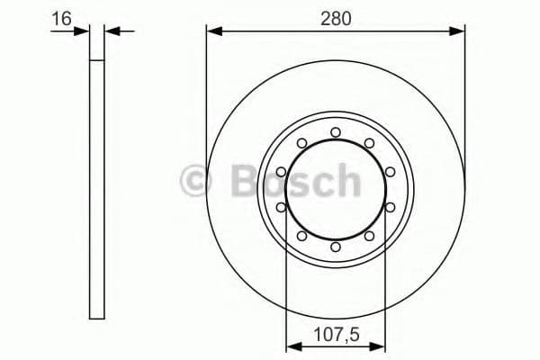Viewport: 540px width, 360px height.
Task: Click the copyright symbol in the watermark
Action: click(195, 181)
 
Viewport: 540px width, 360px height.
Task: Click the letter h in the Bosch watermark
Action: click(345, 181)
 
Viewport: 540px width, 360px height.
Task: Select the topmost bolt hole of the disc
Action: click(335, 132)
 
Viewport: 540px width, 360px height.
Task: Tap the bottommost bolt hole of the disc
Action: click(335, 246)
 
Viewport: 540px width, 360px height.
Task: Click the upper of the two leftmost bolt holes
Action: click(282, 172)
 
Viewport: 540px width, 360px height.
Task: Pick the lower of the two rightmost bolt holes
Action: click(389, 207)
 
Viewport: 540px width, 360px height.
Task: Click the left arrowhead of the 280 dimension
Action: click(212, 31)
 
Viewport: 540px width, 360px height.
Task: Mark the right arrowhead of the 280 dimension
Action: click(459, 31)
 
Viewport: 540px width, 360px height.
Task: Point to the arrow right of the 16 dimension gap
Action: click(112, 31)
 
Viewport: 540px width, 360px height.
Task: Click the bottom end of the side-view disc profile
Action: click(98, 317)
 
